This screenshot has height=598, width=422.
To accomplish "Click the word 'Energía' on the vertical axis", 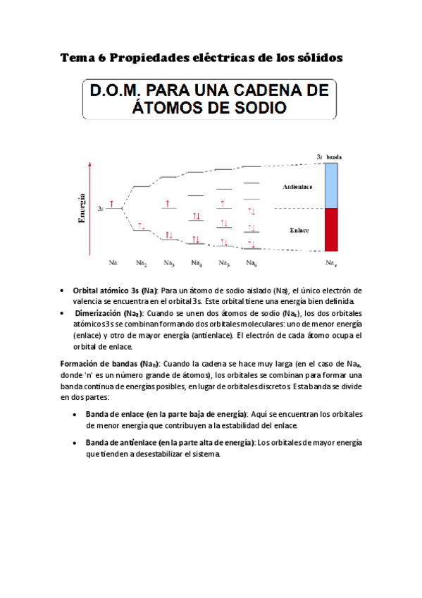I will coord(82,208).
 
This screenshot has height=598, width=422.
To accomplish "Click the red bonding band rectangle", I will coord(332,229).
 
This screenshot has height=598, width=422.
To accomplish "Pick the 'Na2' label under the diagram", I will coord(142,264).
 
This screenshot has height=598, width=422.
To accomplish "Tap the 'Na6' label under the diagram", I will coord(252,264).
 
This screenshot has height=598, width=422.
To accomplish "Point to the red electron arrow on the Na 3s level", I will coord(111,205).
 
